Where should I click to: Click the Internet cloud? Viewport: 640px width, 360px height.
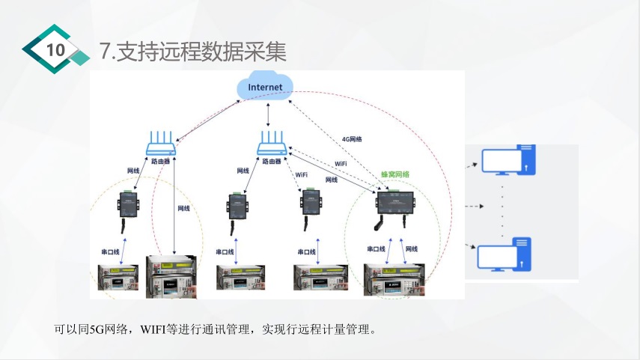point(266,88)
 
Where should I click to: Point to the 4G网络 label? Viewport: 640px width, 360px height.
point(352,139)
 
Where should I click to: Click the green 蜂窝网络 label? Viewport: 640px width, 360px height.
point(395,174)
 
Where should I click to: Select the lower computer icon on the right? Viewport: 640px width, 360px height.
point(505,254)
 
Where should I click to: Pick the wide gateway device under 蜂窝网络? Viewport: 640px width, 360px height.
point(395,204)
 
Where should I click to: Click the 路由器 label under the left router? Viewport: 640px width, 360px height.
point(161,160)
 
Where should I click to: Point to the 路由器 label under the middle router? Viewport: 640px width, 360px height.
point(269,160)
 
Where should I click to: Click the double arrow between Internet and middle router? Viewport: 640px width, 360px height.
point(267,115)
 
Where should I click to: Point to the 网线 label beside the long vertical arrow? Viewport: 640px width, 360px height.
point(183,208)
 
